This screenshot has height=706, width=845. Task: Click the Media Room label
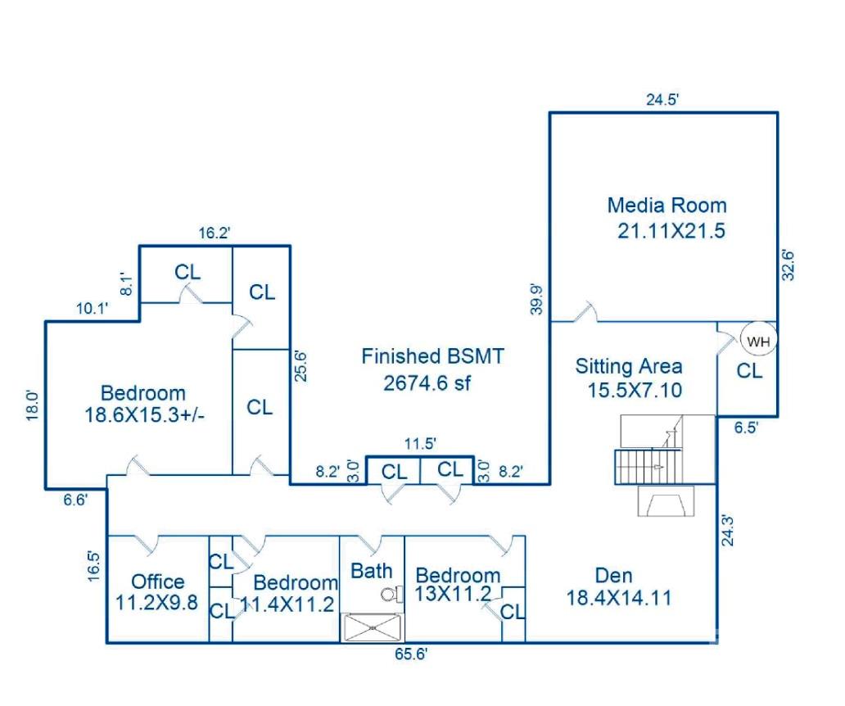point(667,205)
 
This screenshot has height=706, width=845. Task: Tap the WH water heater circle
point(759,342)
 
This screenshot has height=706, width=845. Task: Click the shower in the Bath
point(373,627)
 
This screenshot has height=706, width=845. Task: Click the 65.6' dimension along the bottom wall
point(411,654)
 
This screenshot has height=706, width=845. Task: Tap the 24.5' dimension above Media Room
point(663,100)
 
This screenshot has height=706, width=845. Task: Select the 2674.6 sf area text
point(427,382)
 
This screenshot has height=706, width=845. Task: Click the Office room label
point(158,582)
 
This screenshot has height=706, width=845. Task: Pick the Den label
point(613,575)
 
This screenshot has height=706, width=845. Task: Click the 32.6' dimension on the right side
point(789,265)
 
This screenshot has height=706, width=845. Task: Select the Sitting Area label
point(629,366)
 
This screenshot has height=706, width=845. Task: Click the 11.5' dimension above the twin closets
point(419,443)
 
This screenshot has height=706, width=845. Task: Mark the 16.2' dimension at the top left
point(215,233)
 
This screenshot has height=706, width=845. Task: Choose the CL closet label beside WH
point(749,371)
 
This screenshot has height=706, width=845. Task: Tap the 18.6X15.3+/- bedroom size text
point(144,414)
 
